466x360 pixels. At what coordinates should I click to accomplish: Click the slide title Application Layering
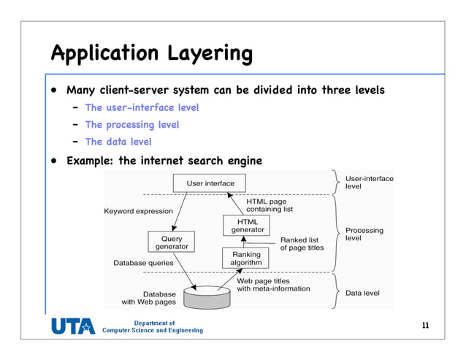[151, 53]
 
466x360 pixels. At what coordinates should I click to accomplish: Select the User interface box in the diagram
[210, 183]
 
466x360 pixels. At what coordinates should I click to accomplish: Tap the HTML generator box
[248, 226]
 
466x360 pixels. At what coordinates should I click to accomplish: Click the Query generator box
[172, 242]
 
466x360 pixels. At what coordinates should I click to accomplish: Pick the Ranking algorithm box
[246, 258]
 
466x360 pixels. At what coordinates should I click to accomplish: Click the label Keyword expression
[138, 211]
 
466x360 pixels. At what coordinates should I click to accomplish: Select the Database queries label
[143, 262]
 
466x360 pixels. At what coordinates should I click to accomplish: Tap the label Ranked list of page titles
[301, 244]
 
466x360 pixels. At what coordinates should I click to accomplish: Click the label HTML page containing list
[269, 205]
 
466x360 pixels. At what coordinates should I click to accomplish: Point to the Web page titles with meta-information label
[273, 285]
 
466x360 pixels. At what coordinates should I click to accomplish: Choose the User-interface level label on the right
[368, 183]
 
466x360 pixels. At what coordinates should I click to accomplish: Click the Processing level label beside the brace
[364, 234]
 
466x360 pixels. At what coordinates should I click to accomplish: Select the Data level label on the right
[362, 294]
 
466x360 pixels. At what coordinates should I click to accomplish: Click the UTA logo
[72, 326]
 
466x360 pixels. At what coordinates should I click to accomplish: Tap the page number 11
[425, 326]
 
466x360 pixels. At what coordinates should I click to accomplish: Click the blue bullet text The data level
[118, 142]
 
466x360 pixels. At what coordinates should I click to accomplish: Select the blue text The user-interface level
[142, 107]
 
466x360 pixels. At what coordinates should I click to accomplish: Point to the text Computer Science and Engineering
[152, 331]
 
